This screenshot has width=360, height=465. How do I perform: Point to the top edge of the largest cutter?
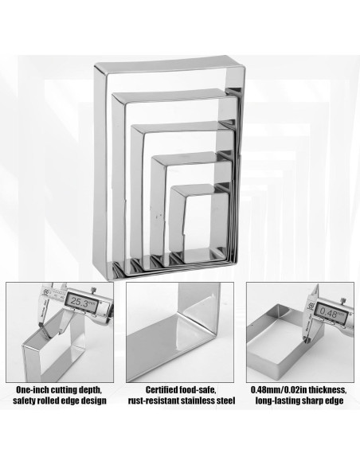point(169,64)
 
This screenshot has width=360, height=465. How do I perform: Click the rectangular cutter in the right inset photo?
point(285,344)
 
